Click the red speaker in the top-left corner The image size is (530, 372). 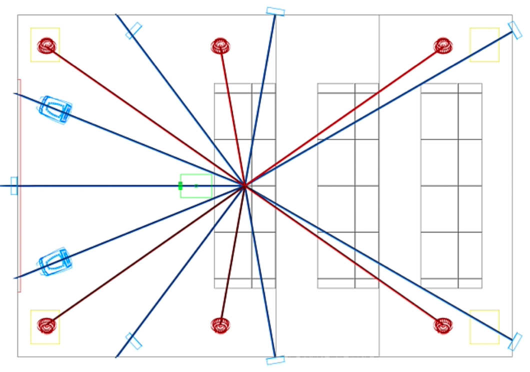click(46, 46)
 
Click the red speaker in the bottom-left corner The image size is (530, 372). click(46, 325)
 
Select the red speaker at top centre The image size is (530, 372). click(220, 46)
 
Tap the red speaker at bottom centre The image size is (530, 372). click(220, 325)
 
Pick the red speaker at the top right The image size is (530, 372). click(443, 45)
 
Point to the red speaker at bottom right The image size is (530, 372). click(443, 325)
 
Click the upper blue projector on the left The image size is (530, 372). click(55, 109)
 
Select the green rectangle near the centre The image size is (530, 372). click(196, 186)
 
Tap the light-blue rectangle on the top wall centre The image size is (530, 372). click(275, 11)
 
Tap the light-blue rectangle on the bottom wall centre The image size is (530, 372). click(275, 359)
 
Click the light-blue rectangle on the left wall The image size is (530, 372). click(14, 185)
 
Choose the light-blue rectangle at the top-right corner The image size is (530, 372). click(515, 30)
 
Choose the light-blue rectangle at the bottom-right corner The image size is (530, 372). click(515, 341)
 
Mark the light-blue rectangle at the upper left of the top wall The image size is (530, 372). click(134, 30)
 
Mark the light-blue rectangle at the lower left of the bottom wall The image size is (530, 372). click(134, 341)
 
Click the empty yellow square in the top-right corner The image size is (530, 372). click(484, 45)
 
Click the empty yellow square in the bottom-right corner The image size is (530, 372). click(484, 327)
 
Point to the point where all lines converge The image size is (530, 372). click(244, 186)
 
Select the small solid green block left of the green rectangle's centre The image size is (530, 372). click(180, 186)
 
